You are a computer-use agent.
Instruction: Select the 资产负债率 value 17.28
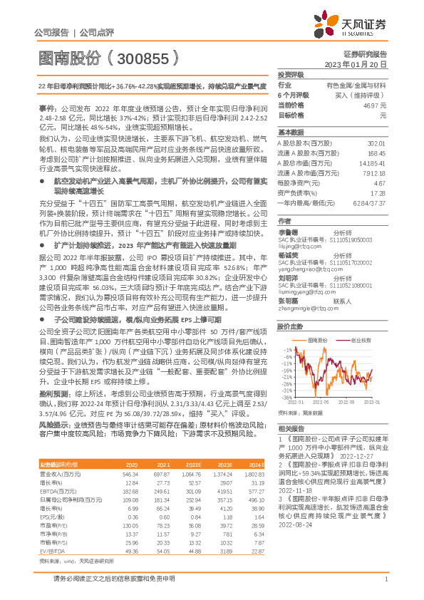tap(378, 192)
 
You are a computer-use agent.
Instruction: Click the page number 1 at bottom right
tap(385, 585)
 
